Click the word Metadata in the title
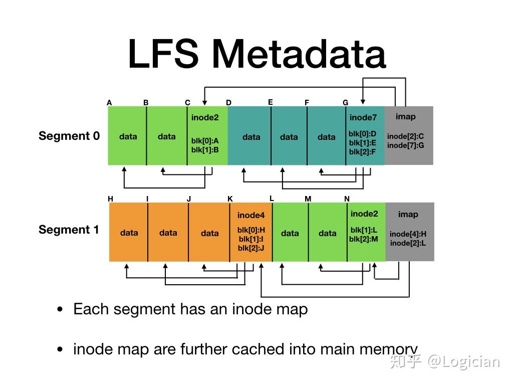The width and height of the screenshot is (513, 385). (299, 54)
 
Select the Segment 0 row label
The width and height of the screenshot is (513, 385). (69, 136)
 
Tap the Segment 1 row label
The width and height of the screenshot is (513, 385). (69, 230)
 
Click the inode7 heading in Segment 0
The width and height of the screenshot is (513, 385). (363, 117)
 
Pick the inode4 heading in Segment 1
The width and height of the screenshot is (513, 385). (251, 215)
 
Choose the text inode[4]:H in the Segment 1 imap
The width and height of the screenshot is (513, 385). (408, 234)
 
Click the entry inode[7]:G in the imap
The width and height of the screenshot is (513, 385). (406, 145)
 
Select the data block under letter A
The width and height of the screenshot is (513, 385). (128, 136)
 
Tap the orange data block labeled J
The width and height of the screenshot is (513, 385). (209, 233)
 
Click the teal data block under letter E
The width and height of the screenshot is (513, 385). (289, 137)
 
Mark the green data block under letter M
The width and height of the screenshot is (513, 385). (327, 233)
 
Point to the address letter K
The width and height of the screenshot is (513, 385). (230, 199)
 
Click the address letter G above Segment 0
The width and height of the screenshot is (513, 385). (346, 103)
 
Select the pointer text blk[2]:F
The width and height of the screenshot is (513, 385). (362, 152)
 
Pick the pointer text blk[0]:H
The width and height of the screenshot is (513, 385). (251, 230)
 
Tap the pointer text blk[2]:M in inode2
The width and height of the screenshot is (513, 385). (364, 239)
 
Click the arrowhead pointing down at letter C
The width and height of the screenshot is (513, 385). (204, 103)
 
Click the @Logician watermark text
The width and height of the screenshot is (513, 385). (463, 361)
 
